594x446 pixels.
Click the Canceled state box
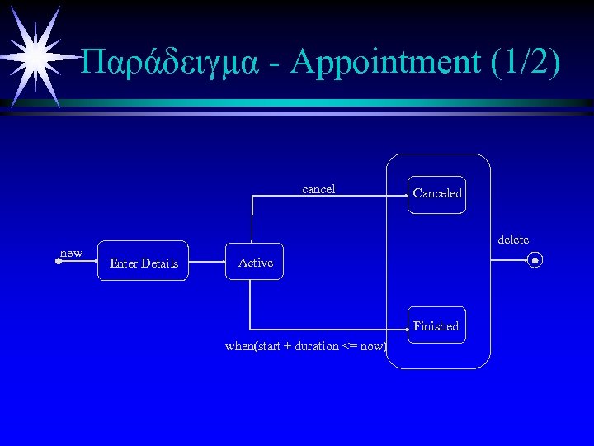[x=438, y=194]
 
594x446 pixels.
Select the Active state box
[x=255, y=263]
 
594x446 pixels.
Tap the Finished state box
[x=436, y=326]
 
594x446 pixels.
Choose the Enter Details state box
[x=144, y=263]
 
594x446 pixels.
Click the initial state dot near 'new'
[x=59, y=261]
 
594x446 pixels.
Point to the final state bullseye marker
[x=535, y=261]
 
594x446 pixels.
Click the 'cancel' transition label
[x=318, y=189]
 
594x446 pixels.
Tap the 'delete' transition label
[x=513, y=240]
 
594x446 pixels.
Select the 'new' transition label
[x=72, y=253]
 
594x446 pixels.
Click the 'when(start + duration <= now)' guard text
[x=306, y=346]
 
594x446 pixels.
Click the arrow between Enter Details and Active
[x=208, y=261]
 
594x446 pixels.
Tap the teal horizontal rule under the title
[x=330, y=103]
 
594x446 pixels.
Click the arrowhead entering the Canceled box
[x=409, y=196]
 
